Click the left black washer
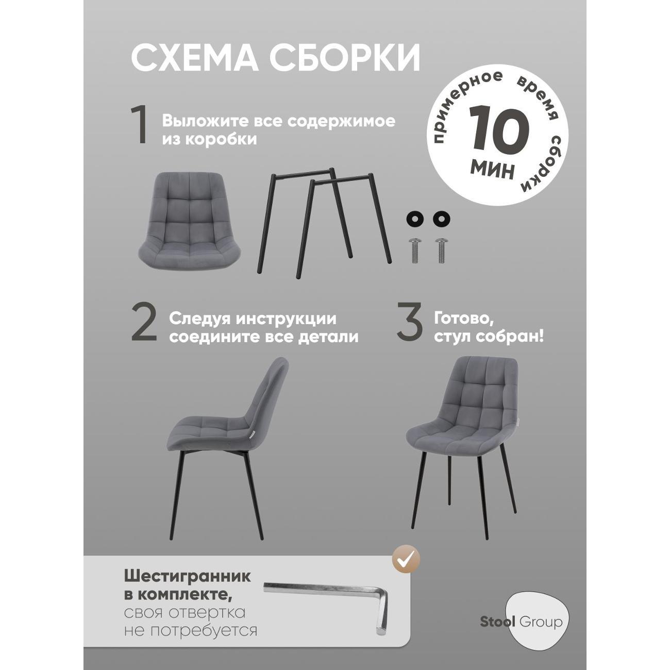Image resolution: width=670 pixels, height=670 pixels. point(415,218)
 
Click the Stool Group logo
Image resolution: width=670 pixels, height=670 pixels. point(521,622)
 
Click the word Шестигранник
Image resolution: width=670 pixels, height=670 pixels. point(187,576)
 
